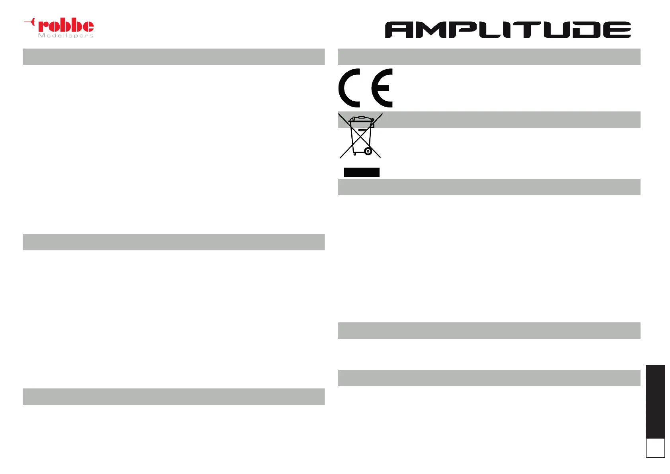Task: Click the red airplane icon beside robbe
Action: pyautogui.click(x=30, y=22)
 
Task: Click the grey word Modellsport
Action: pyautogui.click(x=66, y=35)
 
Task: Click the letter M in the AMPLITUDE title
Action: pyautogui.click(x=432, y=30)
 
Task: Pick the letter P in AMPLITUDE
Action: pyautogui.click(x=463, y=30)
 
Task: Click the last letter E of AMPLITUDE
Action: pyautogui.click(x=617, y=30)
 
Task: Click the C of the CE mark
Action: pyautogui.click(x=349, y=88)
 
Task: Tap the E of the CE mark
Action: pyautogui.click(x=382, y=88)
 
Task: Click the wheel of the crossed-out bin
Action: pyautogui.click(x=368, y=151)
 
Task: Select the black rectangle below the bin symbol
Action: pyautogui.click(x=362, y=172)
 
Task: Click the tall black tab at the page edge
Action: pyautogui.click(x=655, y=402)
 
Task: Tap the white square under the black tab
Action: pyautogui.click(x=655, y=448)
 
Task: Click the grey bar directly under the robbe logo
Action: pyautogui.click(x=173, y=57)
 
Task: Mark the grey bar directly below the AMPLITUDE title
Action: pyautogui.click(x=489, y=57)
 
